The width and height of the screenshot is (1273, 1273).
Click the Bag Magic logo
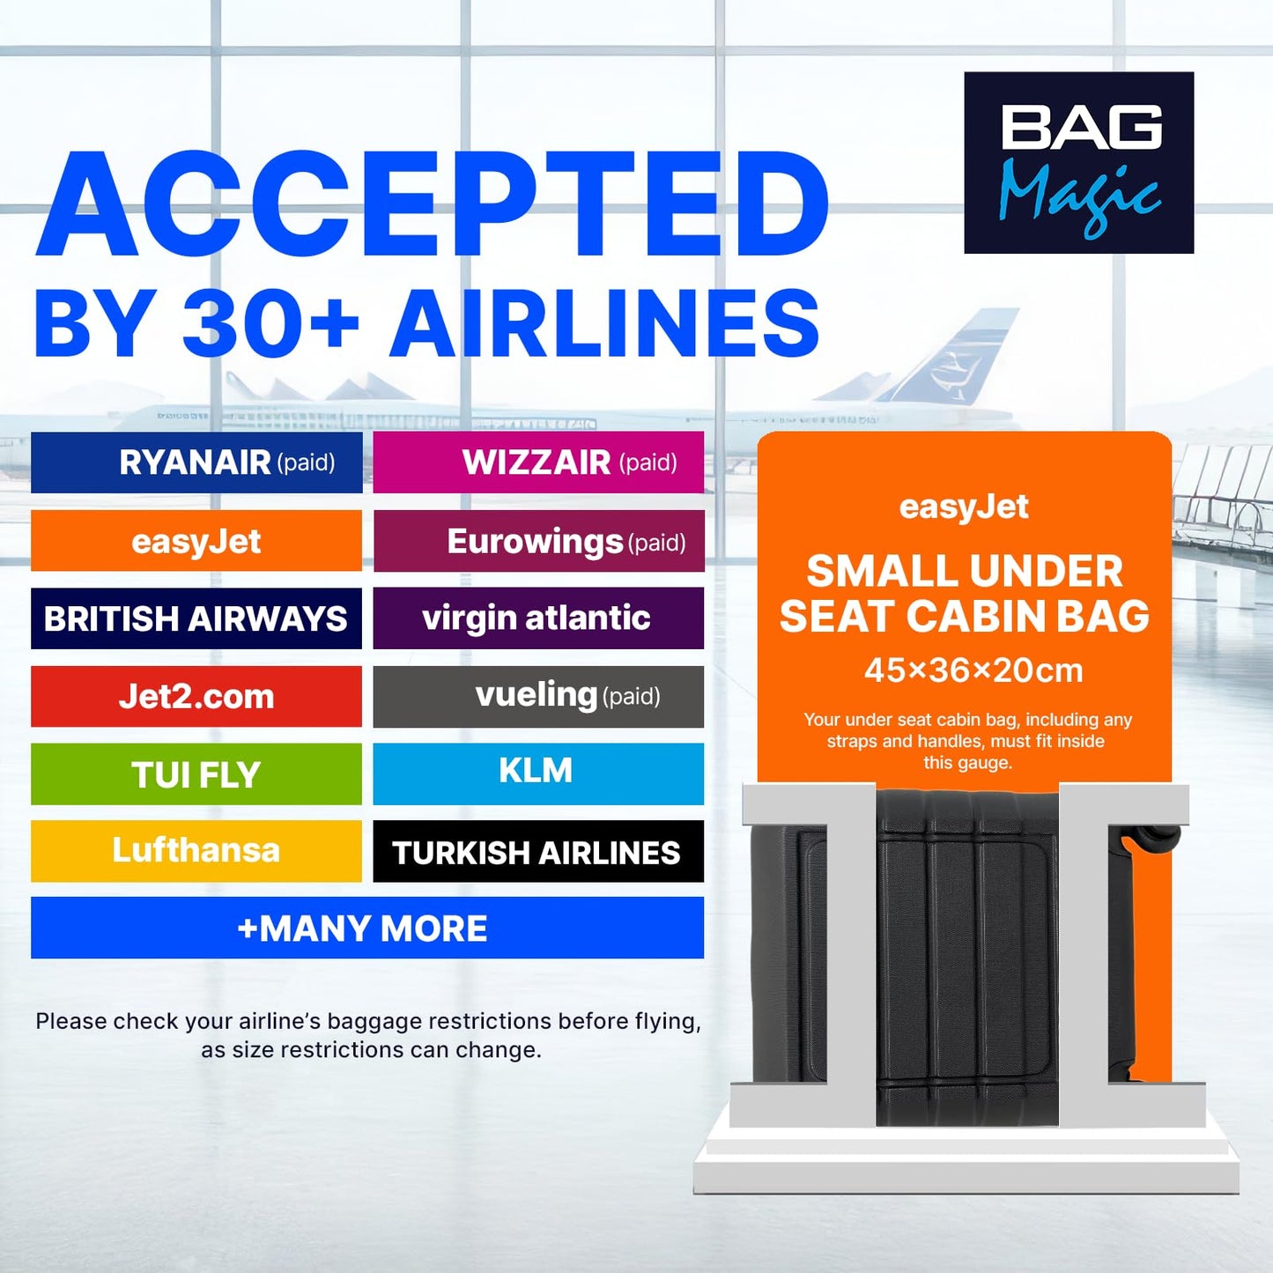pos(1078,163)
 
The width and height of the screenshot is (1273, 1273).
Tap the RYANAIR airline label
pos(196,463)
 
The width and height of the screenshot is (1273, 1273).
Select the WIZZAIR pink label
pos(538,463)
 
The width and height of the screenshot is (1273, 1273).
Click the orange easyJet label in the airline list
pos(196,541)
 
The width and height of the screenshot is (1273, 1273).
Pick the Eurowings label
pos(538,541)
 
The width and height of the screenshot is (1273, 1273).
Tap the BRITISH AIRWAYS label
pos(196,618)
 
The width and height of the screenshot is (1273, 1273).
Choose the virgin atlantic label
pos(538,618)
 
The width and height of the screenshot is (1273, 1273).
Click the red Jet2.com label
pos(196,697)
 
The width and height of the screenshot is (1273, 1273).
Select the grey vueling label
pos(538,697)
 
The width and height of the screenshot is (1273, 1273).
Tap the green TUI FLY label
pos(196,774)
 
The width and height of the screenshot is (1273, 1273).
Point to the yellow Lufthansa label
pos(196,851)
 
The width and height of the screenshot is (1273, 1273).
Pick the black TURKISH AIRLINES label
pos(538,852)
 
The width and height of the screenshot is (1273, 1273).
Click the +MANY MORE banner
pos(366,928)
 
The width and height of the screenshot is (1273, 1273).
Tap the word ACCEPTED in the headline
pos(432,206)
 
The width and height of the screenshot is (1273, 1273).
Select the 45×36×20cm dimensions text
pos(973,670)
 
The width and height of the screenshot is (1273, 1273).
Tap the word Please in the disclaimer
pos(70,1022)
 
